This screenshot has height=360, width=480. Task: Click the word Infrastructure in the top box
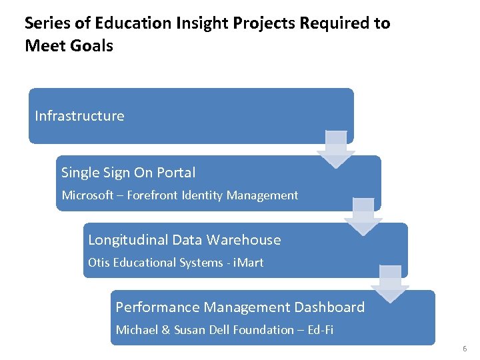pyautogui.click(x=79, y=116)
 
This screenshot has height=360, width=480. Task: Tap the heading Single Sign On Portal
pyautogui.click(x=128, y=173)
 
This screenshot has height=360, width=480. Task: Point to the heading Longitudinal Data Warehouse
pyautogui.click(x=184, y=240)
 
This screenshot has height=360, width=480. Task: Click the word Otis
pyautogui.click(x=99, y=263)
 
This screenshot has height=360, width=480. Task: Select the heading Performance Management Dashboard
pyautogui.click(x=240, y=307)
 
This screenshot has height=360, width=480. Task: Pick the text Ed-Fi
pyautogui.click(x=320, y=330)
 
